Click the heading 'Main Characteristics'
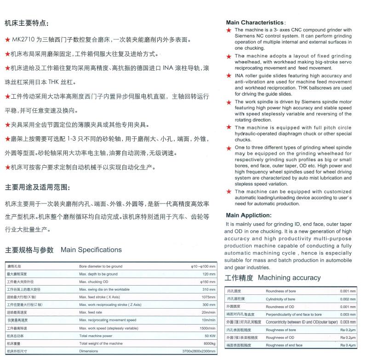[x=255, y=22]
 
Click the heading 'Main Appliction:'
[x=248, y=215]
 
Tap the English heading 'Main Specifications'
[x=91, y=250]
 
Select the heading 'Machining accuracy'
[x=289, y=278]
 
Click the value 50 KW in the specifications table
[x=209, y=336]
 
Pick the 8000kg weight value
[x=209, y=343]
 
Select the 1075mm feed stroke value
[x=208, y=297]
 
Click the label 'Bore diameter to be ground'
[x=101, y=266]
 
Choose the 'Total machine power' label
[x=96, y=336]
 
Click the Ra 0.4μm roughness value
[x=348, y=345]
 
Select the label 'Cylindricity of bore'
[x=280, y=299]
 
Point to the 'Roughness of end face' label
[x=284, y=345]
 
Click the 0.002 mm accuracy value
[x=348, y=299]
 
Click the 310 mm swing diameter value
[x=209, y=289]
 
